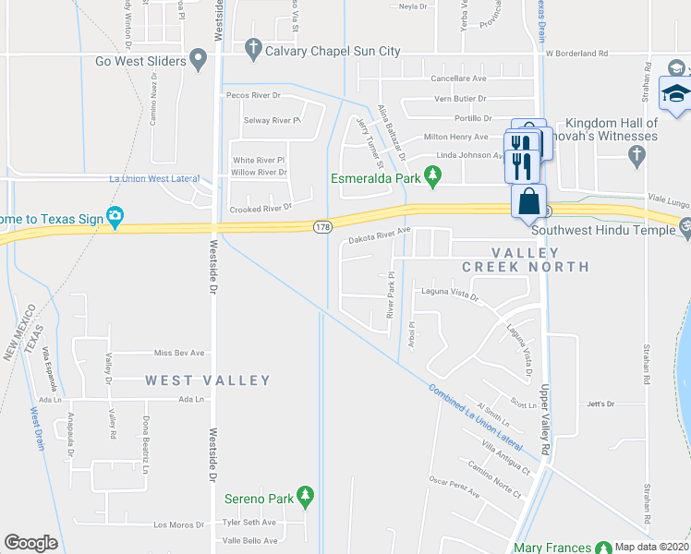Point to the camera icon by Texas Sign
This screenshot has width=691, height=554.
click(115, 219)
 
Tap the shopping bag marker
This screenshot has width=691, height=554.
click(528, 201)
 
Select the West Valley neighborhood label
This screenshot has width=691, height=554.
click(208, 380)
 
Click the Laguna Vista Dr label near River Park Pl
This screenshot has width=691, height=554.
click(450, 295)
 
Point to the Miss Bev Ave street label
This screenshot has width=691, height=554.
click(178, 353)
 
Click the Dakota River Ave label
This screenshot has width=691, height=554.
click(379, 236)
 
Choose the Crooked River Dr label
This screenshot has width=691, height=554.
click(261, 209)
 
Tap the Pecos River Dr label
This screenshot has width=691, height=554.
click(253, 95)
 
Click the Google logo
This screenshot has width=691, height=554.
click(30, 543)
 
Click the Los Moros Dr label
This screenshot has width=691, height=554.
click(179, 524)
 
